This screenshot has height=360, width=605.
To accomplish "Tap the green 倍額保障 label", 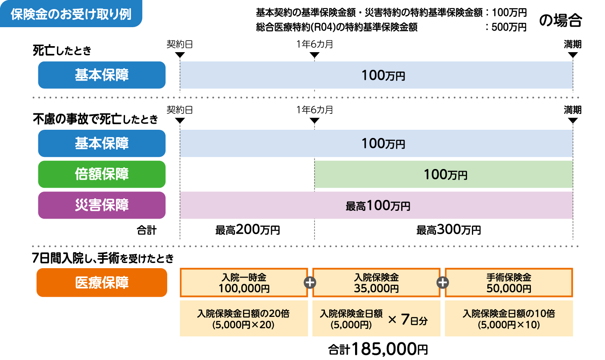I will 102,174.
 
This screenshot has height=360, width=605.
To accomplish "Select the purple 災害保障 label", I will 102,205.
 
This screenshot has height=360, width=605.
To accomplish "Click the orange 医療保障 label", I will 102,282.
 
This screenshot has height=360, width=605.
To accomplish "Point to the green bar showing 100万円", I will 444,175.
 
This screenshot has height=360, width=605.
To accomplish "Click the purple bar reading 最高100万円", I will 377,206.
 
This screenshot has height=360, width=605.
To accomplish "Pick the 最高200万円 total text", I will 247,230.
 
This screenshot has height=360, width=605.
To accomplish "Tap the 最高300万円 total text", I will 448,230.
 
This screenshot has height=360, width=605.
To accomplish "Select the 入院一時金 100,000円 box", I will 244,283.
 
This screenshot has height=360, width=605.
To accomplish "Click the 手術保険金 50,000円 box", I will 508,283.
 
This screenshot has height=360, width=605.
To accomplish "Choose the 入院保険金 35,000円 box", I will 376,283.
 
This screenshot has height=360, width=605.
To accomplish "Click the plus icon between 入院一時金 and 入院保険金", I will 310,282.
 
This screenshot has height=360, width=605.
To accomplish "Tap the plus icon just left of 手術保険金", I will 443,282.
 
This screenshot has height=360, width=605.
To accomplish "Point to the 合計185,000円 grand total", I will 378,349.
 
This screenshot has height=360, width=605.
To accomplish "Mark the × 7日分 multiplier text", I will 408,320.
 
